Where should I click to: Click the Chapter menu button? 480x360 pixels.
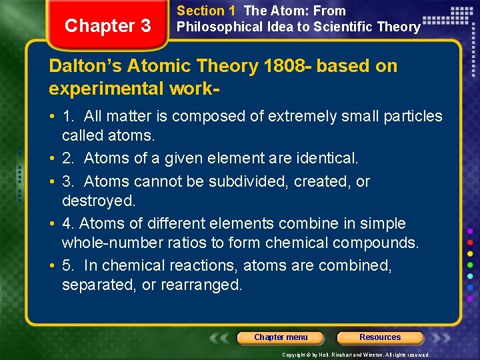coord(281,337)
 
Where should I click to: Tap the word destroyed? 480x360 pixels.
coord(98,200)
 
